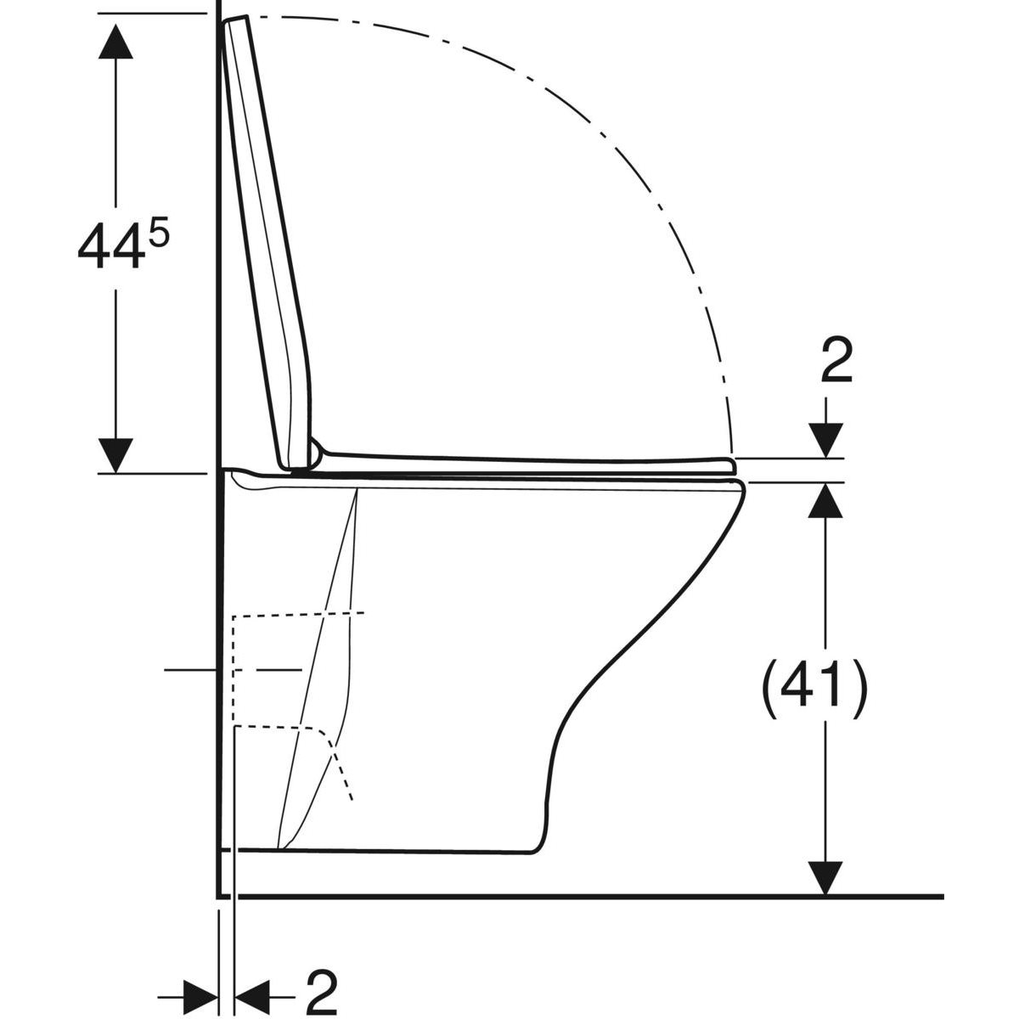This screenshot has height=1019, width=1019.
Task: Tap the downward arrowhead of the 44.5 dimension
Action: [115, 455]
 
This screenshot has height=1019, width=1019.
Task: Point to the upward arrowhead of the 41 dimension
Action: [825, 500]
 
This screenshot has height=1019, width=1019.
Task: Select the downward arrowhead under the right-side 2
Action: [825, 441]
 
